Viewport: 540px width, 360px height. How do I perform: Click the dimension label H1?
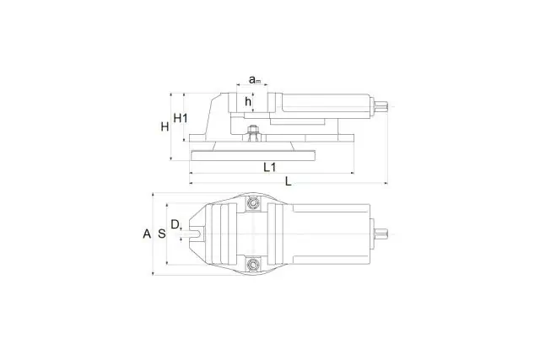point(181,118)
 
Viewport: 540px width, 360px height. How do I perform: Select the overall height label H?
point(165,126)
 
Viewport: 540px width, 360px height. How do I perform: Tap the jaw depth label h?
point(248,101)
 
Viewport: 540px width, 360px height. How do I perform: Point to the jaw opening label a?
point(255,80)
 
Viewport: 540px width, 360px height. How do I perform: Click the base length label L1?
point(270,167)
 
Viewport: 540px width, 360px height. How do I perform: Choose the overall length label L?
point(289,181)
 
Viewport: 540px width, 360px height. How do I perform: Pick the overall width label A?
point(147,234)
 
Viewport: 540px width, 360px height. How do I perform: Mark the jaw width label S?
point(161,234)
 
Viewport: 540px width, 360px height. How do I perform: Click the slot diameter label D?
point(175,224)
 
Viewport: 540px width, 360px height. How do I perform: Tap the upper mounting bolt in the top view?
point(253,203)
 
